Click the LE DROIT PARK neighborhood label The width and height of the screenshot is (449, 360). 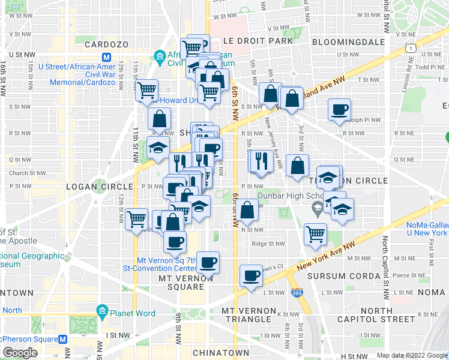[x=258, y=41]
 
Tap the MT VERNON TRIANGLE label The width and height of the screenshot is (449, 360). [x=249, y=315]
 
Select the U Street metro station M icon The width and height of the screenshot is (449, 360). [x=107, y=58]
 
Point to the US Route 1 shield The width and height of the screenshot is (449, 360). [x=410, y=45]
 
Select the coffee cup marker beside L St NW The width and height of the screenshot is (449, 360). [x=251, y=275]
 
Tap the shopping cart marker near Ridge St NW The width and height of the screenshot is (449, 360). [x=315, y=233]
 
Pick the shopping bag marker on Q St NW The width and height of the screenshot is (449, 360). [x=297, y=165]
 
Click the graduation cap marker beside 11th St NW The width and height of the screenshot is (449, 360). [x=157, y=147]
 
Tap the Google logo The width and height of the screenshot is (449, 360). [x=20, y=353]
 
